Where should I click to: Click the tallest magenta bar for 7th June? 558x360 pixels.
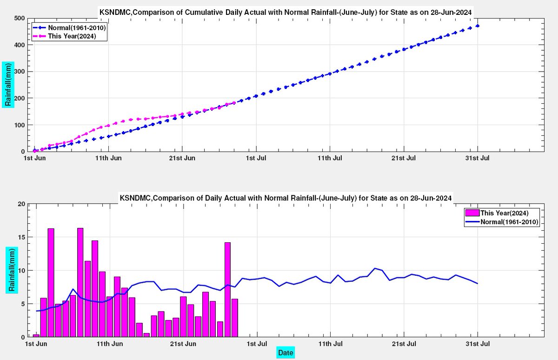(x=80, y=282)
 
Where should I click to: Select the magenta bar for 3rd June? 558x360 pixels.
(x=51, y=283)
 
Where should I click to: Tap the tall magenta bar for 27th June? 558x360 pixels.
(x=227, y=290)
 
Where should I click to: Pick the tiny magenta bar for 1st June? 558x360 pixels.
(x=36, y=336)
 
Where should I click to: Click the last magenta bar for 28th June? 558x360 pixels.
(x=235, y=318)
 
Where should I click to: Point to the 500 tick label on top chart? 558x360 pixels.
(x=20, y=19)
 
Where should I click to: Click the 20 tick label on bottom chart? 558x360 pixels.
(x=22, y=204)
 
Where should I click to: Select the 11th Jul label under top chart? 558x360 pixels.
(x=330, y=158)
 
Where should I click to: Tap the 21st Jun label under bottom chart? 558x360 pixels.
(x=183, y=344)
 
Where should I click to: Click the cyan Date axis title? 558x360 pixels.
(x=286, y=353)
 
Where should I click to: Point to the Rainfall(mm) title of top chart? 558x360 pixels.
(x=8, y=85)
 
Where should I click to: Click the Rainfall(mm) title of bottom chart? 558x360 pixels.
(x=12, y=270)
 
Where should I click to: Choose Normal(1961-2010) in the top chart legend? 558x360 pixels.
(x=77, y=27)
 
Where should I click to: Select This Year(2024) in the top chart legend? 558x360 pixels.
(x=72, y=36)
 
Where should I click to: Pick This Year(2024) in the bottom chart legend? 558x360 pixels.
(x=505, y=213)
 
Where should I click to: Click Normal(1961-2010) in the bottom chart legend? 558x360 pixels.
(x=510, y=222)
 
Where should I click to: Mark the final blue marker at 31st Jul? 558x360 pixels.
(x=478, y=26)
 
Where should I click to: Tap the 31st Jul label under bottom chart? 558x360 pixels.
(x=478, y=344)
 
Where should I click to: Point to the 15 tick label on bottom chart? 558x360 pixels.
(x=22, y=237)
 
